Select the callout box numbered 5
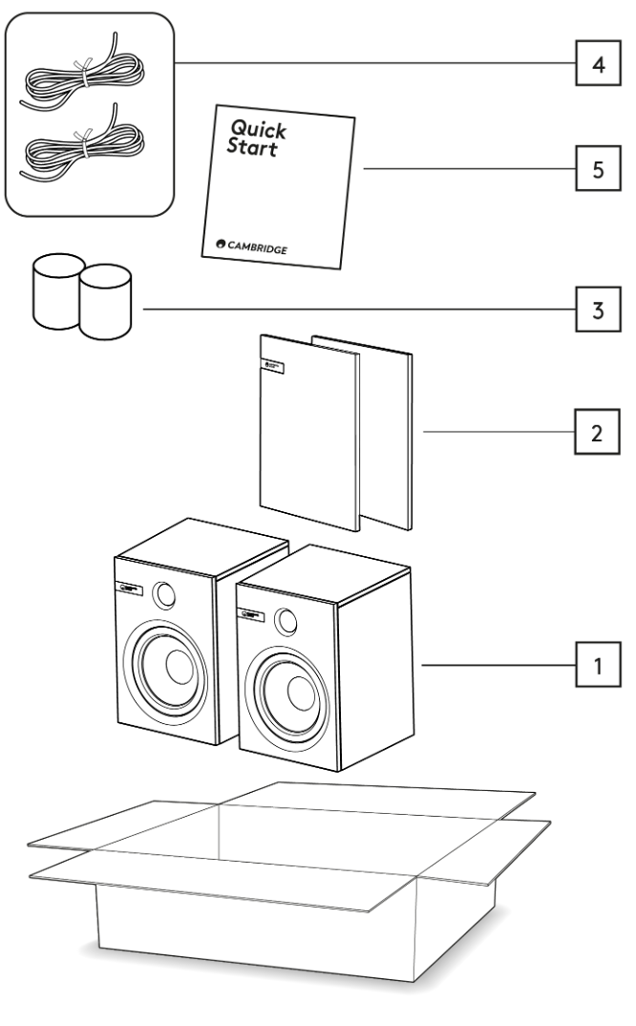pos(595,172)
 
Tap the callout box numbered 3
pos(595,311)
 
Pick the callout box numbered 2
pos(595,433)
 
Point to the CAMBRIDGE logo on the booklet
pos(253,247)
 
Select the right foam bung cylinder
pos(105,302)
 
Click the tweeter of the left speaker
pos(163,595)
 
